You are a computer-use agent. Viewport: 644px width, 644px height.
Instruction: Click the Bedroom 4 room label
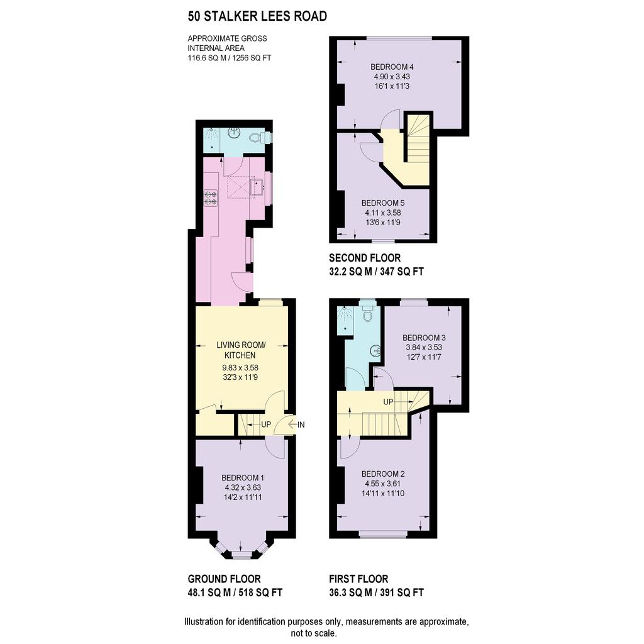click(x=392, y=67)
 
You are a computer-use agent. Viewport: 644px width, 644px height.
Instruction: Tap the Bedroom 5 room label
click(x=383, y=203)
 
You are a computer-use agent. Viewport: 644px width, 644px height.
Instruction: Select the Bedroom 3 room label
click(x=424, y=338)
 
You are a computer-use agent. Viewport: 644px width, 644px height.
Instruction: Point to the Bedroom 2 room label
click(x=383, y=474)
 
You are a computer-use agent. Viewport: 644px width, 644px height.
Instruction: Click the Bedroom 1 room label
click(x=243, y=478)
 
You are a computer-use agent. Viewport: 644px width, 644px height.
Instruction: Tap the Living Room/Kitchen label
click(x=241, y=350)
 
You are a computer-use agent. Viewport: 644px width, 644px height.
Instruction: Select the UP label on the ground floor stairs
click(x=266, y=425)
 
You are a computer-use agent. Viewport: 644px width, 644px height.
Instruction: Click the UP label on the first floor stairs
click(x=388, y=402)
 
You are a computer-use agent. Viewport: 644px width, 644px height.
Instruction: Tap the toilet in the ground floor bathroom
click(x=257, y=136)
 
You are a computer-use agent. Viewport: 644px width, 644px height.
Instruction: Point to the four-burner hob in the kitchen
click(x=211, y=197)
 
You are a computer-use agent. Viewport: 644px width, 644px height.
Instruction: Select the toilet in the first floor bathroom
click(x=368, y=313)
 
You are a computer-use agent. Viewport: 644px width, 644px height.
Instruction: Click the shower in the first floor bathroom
click(x=345, y=319)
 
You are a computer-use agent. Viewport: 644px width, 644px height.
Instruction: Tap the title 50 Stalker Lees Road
click(x=257, y=16)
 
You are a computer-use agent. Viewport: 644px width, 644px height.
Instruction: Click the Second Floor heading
click(x=365, y=258)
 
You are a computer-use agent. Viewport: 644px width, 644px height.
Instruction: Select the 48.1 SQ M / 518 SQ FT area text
click(x=235, y=592)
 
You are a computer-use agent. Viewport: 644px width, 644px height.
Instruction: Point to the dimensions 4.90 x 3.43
click(x=392, y=76)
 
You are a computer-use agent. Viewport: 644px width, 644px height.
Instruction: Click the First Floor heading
click(x=358, y=579)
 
